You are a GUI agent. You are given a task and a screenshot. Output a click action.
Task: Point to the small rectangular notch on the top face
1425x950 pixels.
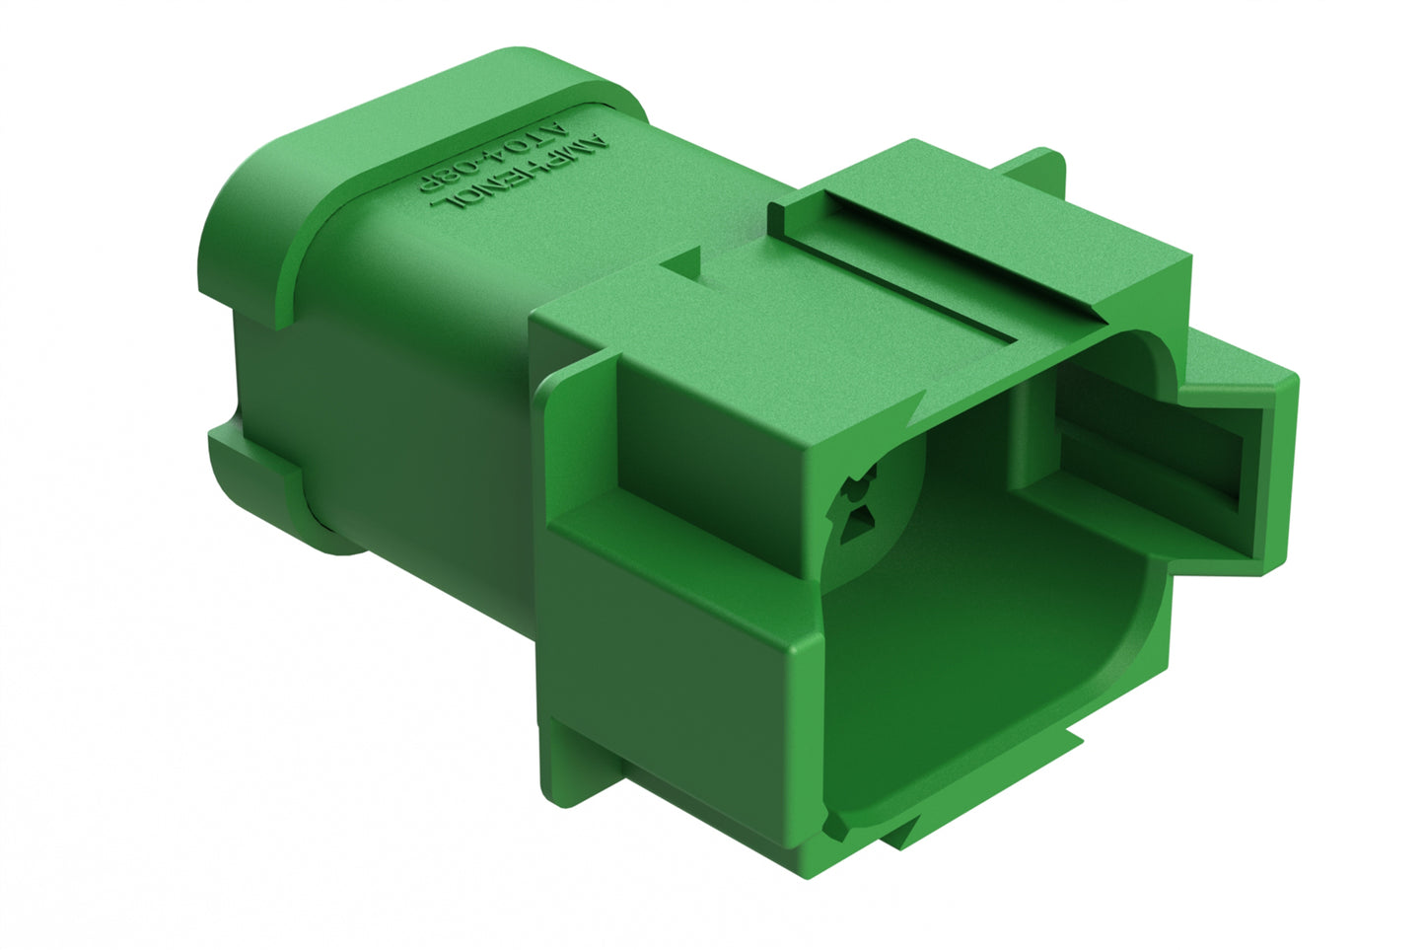(686, 263)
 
